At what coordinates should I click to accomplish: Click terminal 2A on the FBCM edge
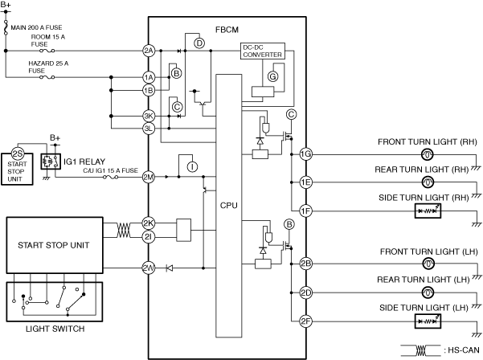coord(149,51)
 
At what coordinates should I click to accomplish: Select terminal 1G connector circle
coord(305,154)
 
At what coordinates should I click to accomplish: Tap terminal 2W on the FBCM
coord(149,268)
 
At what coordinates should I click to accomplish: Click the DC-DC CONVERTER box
coord(263,51)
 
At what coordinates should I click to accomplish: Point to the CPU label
coord(228,206)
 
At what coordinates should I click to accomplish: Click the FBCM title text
coord(227,30)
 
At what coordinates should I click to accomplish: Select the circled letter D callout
coord(199,43)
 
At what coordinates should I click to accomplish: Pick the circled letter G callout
coord(272,76)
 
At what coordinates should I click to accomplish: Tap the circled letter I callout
coord(192,166)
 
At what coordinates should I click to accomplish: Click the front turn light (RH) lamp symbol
coord(428,154)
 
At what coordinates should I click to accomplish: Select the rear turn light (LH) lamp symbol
coord(428,292)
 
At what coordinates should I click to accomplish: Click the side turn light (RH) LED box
coord(428,211)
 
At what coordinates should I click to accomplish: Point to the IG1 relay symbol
coord(51,162)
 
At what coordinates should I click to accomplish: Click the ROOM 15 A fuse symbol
coord(47,51)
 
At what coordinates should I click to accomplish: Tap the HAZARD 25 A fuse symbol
coord(47,77)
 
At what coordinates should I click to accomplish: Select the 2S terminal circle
coord(17,153)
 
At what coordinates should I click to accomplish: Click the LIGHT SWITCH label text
coord(55,329)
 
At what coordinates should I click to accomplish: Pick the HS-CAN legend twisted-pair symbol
coord(421,350)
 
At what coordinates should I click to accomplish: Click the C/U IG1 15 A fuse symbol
coord(110,177)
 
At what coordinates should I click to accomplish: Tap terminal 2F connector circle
coord(305,321)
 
